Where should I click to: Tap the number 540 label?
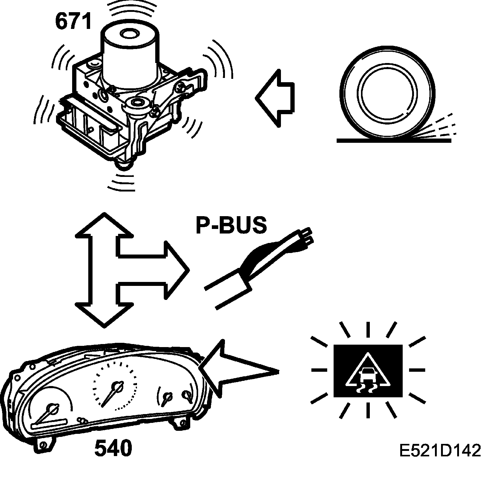coord(113,448)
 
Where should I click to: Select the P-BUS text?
coord(231,226)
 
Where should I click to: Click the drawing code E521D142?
coord(440,451)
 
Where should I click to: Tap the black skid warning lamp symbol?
coord(368,371)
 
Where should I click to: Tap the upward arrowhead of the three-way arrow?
coord(104,225)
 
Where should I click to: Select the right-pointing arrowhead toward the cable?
coord(177,270)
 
